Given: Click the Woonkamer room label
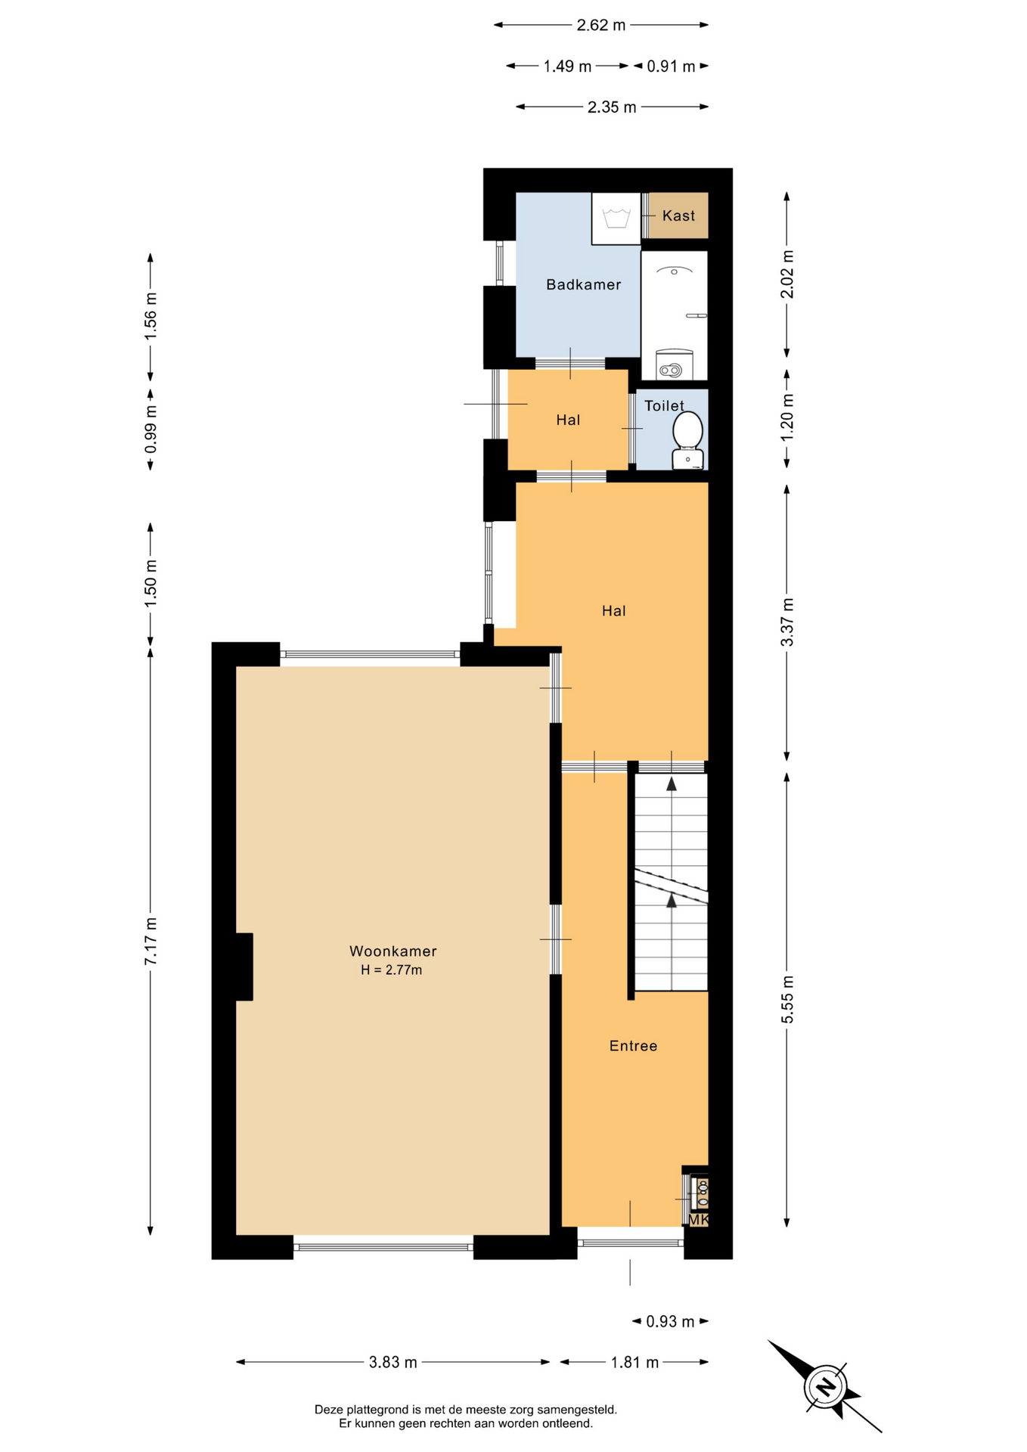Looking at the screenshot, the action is click(x=392, y=951).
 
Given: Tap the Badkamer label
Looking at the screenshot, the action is click(x=583, y=284).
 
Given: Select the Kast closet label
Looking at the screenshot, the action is click(x=678, y=216).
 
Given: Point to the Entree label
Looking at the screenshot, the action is click(x=633, y=1045).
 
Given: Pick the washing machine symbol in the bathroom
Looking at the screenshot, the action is click(x=616, y=218).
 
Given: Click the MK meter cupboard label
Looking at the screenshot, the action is click(x=698, y=1219).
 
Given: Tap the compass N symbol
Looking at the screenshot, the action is click(x=826, y=1386).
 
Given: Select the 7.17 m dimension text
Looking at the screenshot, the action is click(x=150, y=940).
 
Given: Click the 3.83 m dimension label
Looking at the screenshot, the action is click(x=393, y=1362).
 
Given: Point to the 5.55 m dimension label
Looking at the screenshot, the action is click(x=787, y=999).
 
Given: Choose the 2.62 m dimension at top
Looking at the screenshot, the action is click(x=601, y=25).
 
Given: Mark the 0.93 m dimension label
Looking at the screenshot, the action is click(x=670, y=1321).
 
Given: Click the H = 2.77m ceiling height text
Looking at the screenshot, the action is click(x=391, y=970).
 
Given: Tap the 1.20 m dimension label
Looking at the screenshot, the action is click(x=787, y=417).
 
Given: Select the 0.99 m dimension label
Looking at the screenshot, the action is click(x=150, y=429).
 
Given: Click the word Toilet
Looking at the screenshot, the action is click(x=664, y=405).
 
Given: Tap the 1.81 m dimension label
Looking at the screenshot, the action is click(x=635, y=1362).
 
